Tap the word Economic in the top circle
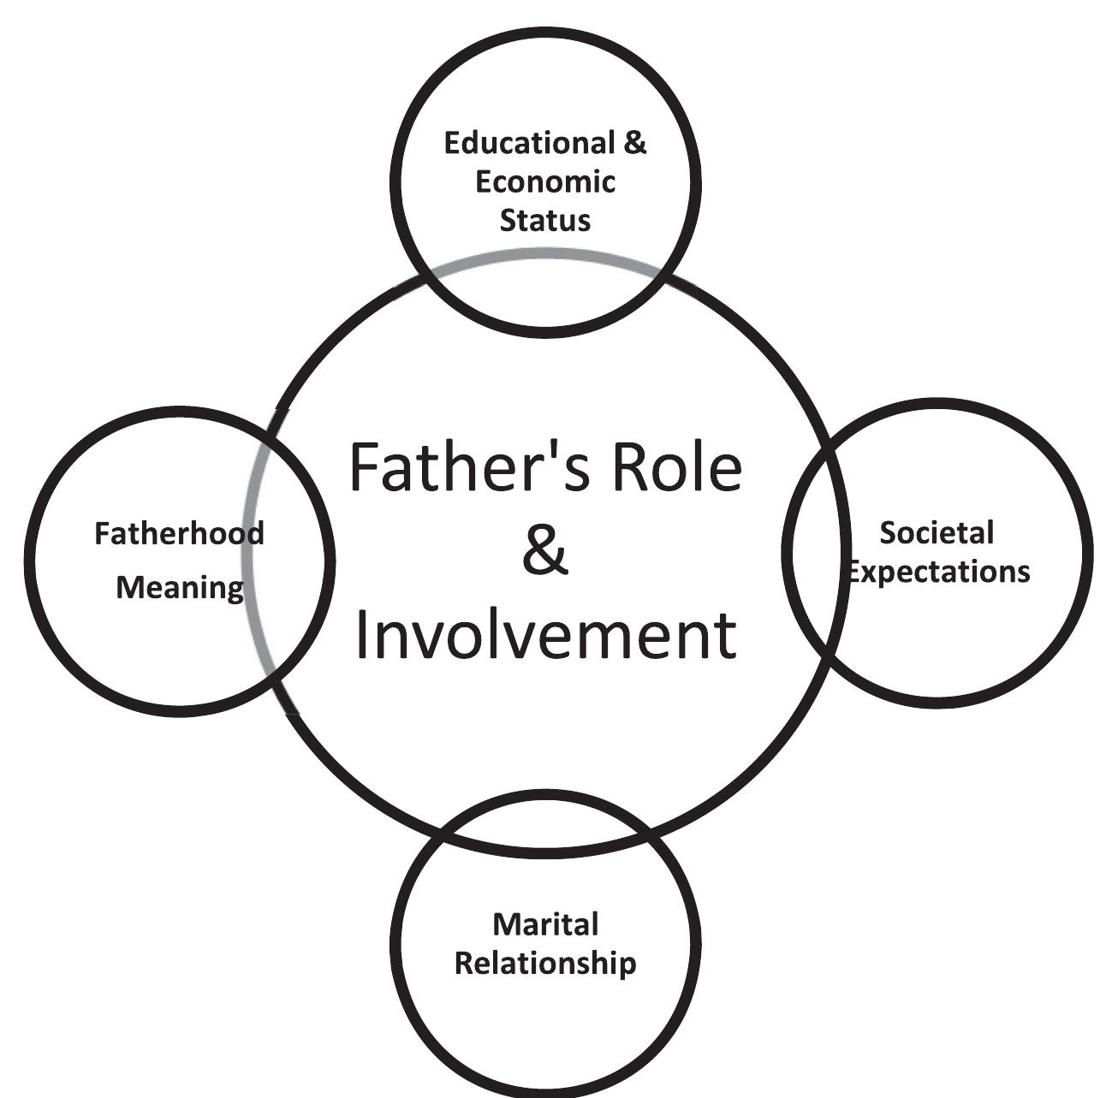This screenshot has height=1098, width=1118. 545,181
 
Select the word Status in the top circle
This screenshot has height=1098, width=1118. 545,220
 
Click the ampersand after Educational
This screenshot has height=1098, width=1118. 634,143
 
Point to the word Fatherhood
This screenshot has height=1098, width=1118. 179,533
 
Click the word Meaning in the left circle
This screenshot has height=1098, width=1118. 179,588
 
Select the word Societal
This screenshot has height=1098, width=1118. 937,532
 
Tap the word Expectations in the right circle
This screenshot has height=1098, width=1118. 939,572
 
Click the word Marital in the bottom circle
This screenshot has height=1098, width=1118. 545,924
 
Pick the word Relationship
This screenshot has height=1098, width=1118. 545,963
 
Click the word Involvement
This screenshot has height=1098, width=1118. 545,635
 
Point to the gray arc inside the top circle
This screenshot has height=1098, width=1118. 545,252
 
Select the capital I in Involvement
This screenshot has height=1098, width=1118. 362,635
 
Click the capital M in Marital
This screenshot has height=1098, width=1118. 505,924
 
